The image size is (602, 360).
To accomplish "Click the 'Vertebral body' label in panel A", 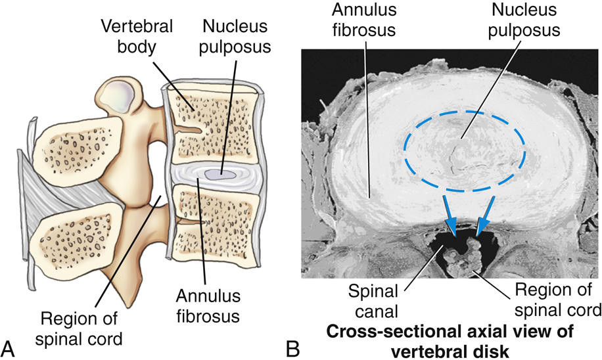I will pos(137,37).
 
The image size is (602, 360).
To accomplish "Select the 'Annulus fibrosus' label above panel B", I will pos(355,20).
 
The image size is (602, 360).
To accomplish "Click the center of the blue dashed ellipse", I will pos(464,150).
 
